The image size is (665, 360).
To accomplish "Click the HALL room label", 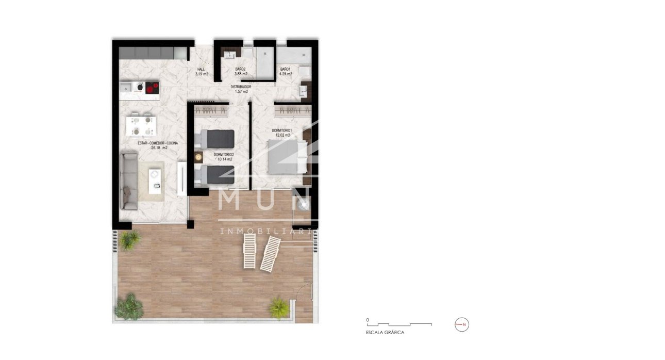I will [202, 69].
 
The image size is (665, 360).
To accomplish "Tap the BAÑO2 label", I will [240, 69].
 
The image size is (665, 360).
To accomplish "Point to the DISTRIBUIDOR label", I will [241, 87].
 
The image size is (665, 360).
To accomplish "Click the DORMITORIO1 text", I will [282, 130].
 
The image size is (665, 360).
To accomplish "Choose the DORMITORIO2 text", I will [224, 155].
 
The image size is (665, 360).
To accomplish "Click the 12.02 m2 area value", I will [282, 135].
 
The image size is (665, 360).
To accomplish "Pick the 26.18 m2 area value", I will [159, 148].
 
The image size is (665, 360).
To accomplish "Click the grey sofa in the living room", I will [129, 181].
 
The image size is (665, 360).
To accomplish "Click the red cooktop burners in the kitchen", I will [151, 88].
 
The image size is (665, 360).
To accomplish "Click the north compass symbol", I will [462, 324].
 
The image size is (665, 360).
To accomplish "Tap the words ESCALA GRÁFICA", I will [385, 333].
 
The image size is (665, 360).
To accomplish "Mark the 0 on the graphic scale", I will [367, 320].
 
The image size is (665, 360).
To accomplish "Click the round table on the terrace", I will [304, 205].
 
